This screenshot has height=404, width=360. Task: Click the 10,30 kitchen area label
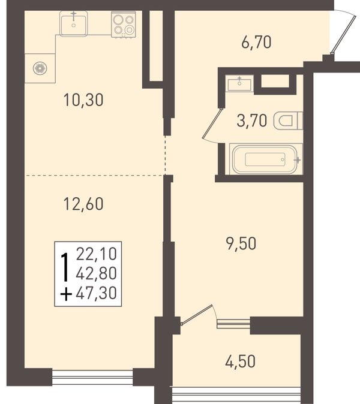83,100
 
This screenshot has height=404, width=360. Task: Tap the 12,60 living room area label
83,204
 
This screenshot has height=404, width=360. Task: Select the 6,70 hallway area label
256,43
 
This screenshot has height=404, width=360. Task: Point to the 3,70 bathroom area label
251,121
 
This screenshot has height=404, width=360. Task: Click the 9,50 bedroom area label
241,243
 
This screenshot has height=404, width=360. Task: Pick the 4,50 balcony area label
241,361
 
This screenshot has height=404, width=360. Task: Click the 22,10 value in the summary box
97,254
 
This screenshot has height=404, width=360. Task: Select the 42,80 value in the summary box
97,273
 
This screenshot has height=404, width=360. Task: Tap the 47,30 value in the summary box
97,293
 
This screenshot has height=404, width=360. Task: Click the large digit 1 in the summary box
65,267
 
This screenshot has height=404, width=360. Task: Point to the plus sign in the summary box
66,294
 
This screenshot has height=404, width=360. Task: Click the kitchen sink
73,24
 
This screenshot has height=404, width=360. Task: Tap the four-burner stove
124,25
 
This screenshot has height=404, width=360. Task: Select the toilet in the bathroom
288,120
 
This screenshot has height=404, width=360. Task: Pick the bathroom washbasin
239,84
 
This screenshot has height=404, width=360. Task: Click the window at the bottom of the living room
92,377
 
